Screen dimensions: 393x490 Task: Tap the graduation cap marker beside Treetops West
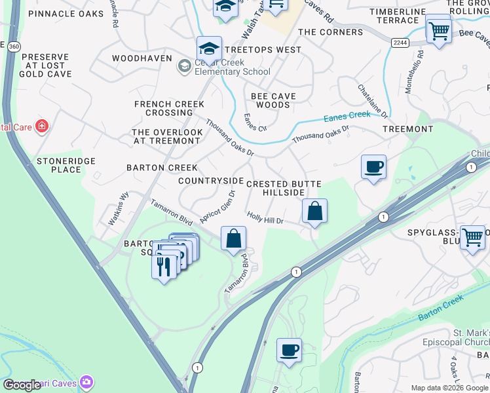(209, 49)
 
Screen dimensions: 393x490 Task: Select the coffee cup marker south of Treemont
(373, 167)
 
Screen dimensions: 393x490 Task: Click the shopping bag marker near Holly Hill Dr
(314, 212)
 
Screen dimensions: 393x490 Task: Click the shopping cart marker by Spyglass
(472, 238)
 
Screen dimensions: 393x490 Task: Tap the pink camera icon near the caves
(86, 382)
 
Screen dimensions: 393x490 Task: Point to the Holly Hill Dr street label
(265, 217)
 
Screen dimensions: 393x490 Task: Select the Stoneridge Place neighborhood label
(66, 165)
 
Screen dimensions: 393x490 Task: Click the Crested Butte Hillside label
(275, 188)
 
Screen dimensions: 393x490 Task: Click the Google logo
(22, 385)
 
